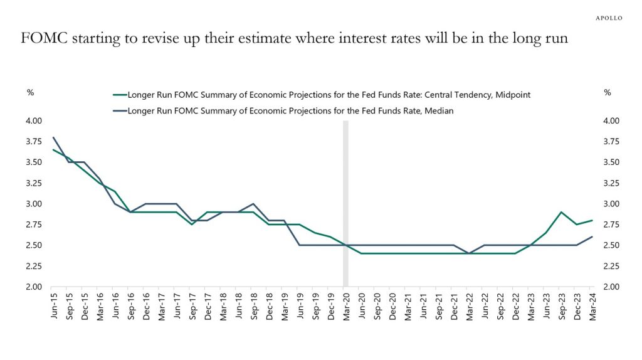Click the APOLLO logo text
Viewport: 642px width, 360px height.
tap(608, 18)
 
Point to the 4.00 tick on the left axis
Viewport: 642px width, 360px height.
tap(33, 120)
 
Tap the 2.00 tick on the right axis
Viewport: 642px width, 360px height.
tap(610, 287)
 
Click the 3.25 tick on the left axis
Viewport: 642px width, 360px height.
tap(33, 183)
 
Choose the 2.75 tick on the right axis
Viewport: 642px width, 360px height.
tap(610, 225)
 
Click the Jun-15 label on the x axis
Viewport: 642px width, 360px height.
tap(54, 305)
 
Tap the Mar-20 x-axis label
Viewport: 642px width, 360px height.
tap(345, 305)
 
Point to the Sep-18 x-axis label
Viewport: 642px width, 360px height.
tap(253, 305)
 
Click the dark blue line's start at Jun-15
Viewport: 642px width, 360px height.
tap(53, 137)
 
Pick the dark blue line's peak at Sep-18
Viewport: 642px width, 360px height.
tap(253, 204)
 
